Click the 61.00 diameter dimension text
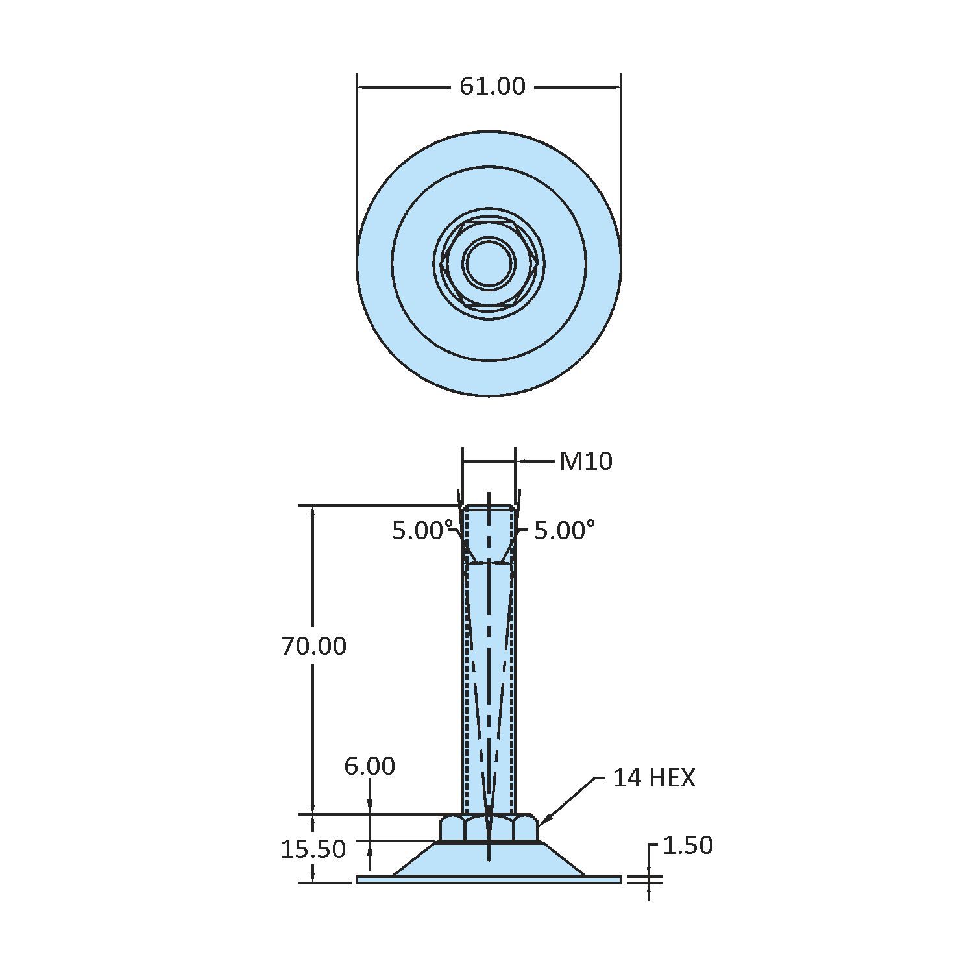[x=492, y=86]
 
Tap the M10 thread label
[x=585, y=461]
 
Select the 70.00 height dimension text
[x=313, y=646]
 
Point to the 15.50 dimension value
[x=313, y=849]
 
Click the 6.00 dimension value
[x=369, y=766]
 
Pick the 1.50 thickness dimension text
[x=687, y=846]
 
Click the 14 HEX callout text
[x=653, y=778]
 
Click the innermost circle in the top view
[x=489, y=263]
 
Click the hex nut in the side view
[x=489, y=829]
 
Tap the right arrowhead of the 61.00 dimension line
[x=616, y=87]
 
